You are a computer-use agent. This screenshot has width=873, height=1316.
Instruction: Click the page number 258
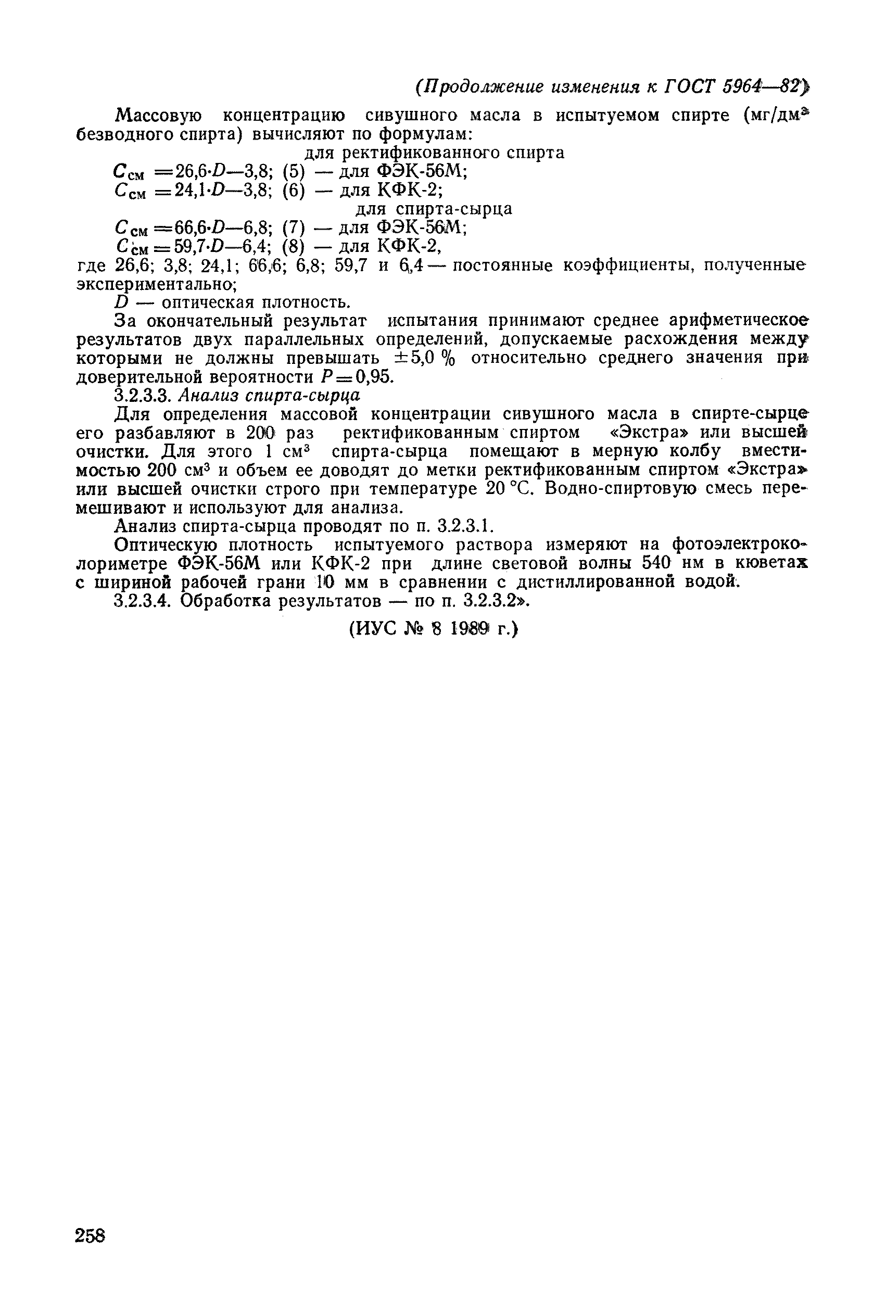tap(90, 1235)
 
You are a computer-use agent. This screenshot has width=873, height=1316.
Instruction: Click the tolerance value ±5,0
tap(411, 358)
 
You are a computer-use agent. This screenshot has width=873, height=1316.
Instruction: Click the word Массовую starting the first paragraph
tap(158, 115)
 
